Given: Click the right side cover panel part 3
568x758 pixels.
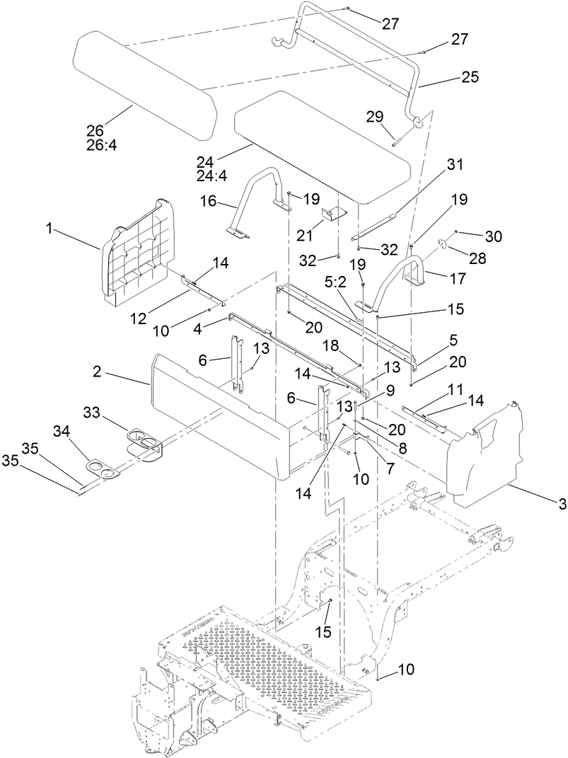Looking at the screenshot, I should pos(488,453).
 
